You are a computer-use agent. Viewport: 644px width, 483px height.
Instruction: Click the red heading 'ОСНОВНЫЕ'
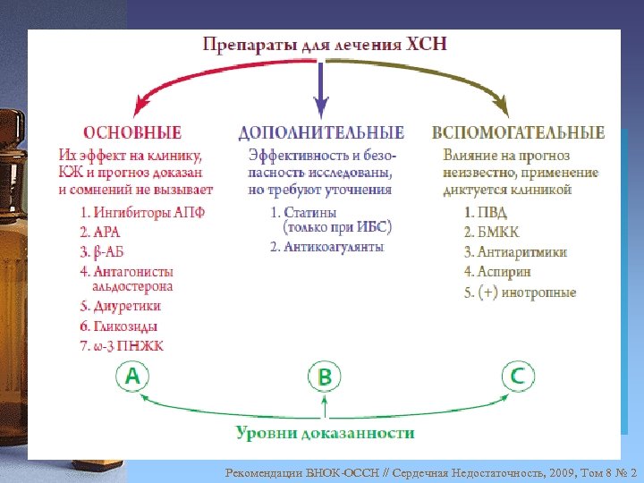(x=134, y=133)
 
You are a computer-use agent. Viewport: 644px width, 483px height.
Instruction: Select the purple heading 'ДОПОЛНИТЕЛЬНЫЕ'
(x=321, y=133)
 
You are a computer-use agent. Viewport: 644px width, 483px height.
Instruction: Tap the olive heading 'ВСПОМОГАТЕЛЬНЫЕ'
(x=518, y=133)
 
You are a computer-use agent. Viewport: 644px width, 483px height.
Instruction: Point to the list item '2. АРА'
(x=102, y=233)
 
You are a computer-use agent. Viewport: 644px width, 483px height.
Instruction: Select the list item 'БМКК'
(x=491, y=233)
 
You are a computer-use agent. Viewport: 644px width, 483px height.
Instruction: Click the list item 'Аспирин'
(x=497, y=271)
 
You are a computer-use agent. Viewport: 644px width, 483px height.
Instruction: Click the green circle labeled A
(x=132, y=377)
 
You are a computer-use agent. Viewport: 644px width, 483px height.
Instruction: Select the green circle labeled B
(x=325, y=377)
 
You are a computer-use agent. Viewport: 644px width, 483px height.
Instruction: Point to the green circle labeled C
(x=518, y=377)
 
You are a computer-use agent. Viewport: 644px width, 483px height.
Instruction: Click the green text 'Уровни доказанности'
(x=325, y=433)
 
